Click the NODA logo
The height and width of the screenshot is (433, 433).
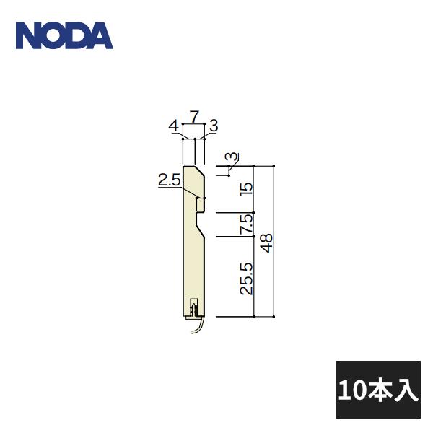pyautogui.click(x=64, y=35)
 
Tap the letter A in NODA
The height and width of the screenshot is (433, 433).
pyautogui.click(x=101, y=35)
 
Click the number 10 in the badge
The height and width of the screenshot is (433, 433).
pyautogui.click(x=352, y=390)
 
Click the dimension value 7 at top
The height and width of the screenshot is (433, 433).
pyautogui.click(x=195, y=115)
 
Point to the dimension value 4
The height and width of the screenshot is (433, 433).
pyautogui.click(x=173, y=126)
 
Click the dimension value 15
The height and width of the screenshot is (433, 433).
pyautogui.click(x=246, y=189)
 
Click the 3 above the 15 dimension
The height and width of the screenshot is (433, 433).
pyautogui.click(x=230, y=157)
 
